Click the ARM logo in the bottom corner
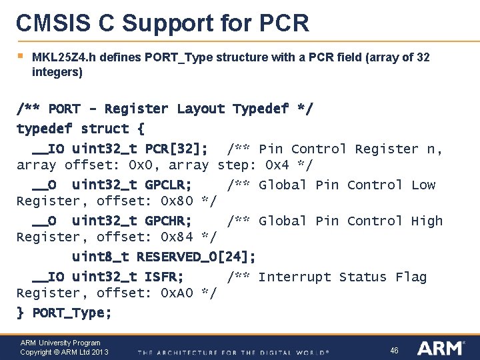442,348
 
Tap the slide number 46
394,349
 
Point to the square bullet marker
20,56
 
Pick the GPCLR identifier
168,185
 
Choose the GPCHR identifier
168,221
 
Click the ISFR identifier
164,277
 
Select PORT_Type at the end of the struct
72,313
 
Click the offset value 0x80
177,201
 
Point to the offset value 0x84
177,237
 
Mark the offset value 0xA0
177,293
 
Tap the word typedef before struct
45,129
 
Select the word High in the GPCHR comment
427,221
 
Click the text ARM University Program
61,343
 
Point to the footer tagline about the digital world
233,352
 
